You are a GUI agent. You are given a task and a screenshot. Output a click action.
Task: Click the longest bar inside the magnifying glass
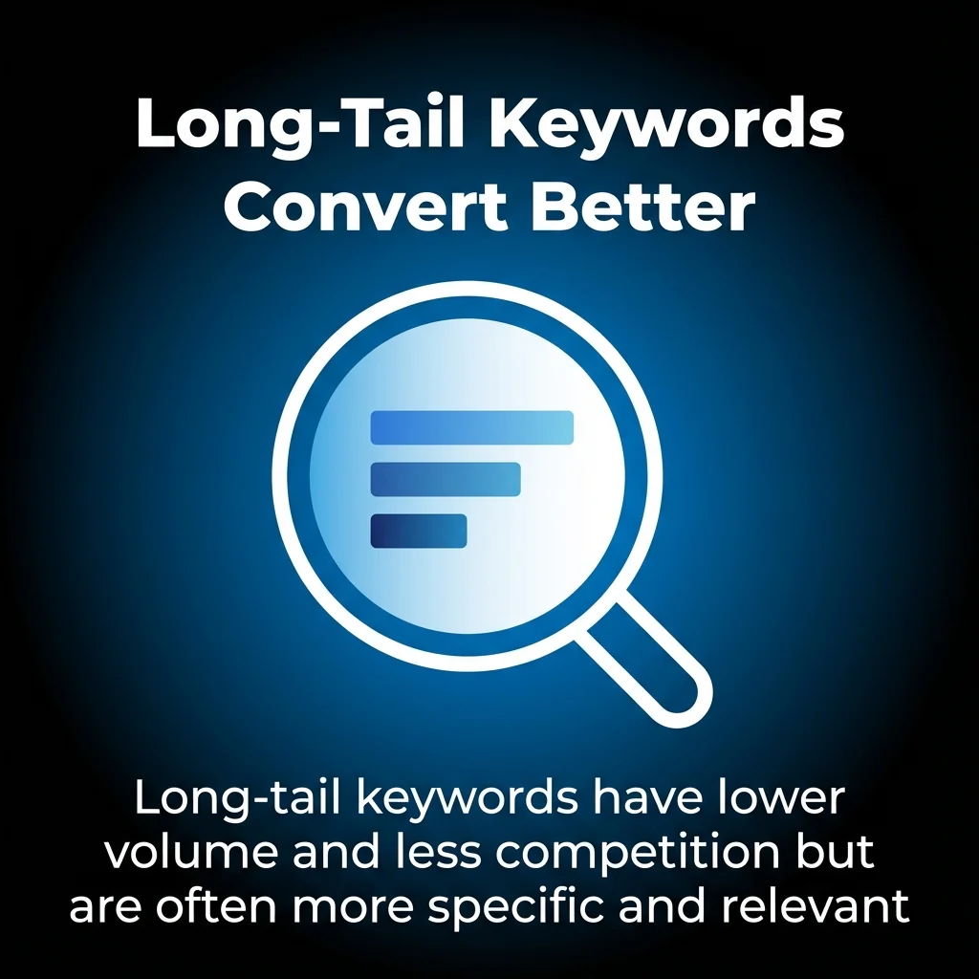471,427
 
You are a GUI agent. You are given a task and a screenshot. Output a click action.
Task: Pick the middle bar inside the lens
445,479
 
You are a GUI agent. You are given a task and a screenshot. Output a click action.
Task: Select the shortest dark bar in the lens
418,531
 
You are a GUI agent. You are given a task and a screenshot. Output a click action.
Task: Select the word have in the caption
633,798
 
